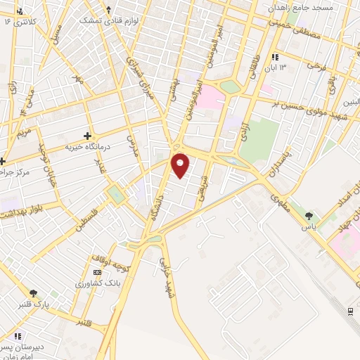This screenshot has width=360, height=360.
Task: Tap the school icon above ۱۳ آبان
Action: [275, 56]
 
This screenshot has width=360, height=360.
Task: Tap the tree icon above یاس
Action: [309, 215]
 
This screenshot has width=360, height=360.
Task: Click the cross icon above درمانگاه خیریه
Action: [87, 135]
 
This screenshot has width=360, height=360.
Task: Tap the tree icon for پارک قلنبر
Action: [33, 293]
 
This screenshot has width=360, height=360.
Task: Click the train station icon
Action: [350, 311]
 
